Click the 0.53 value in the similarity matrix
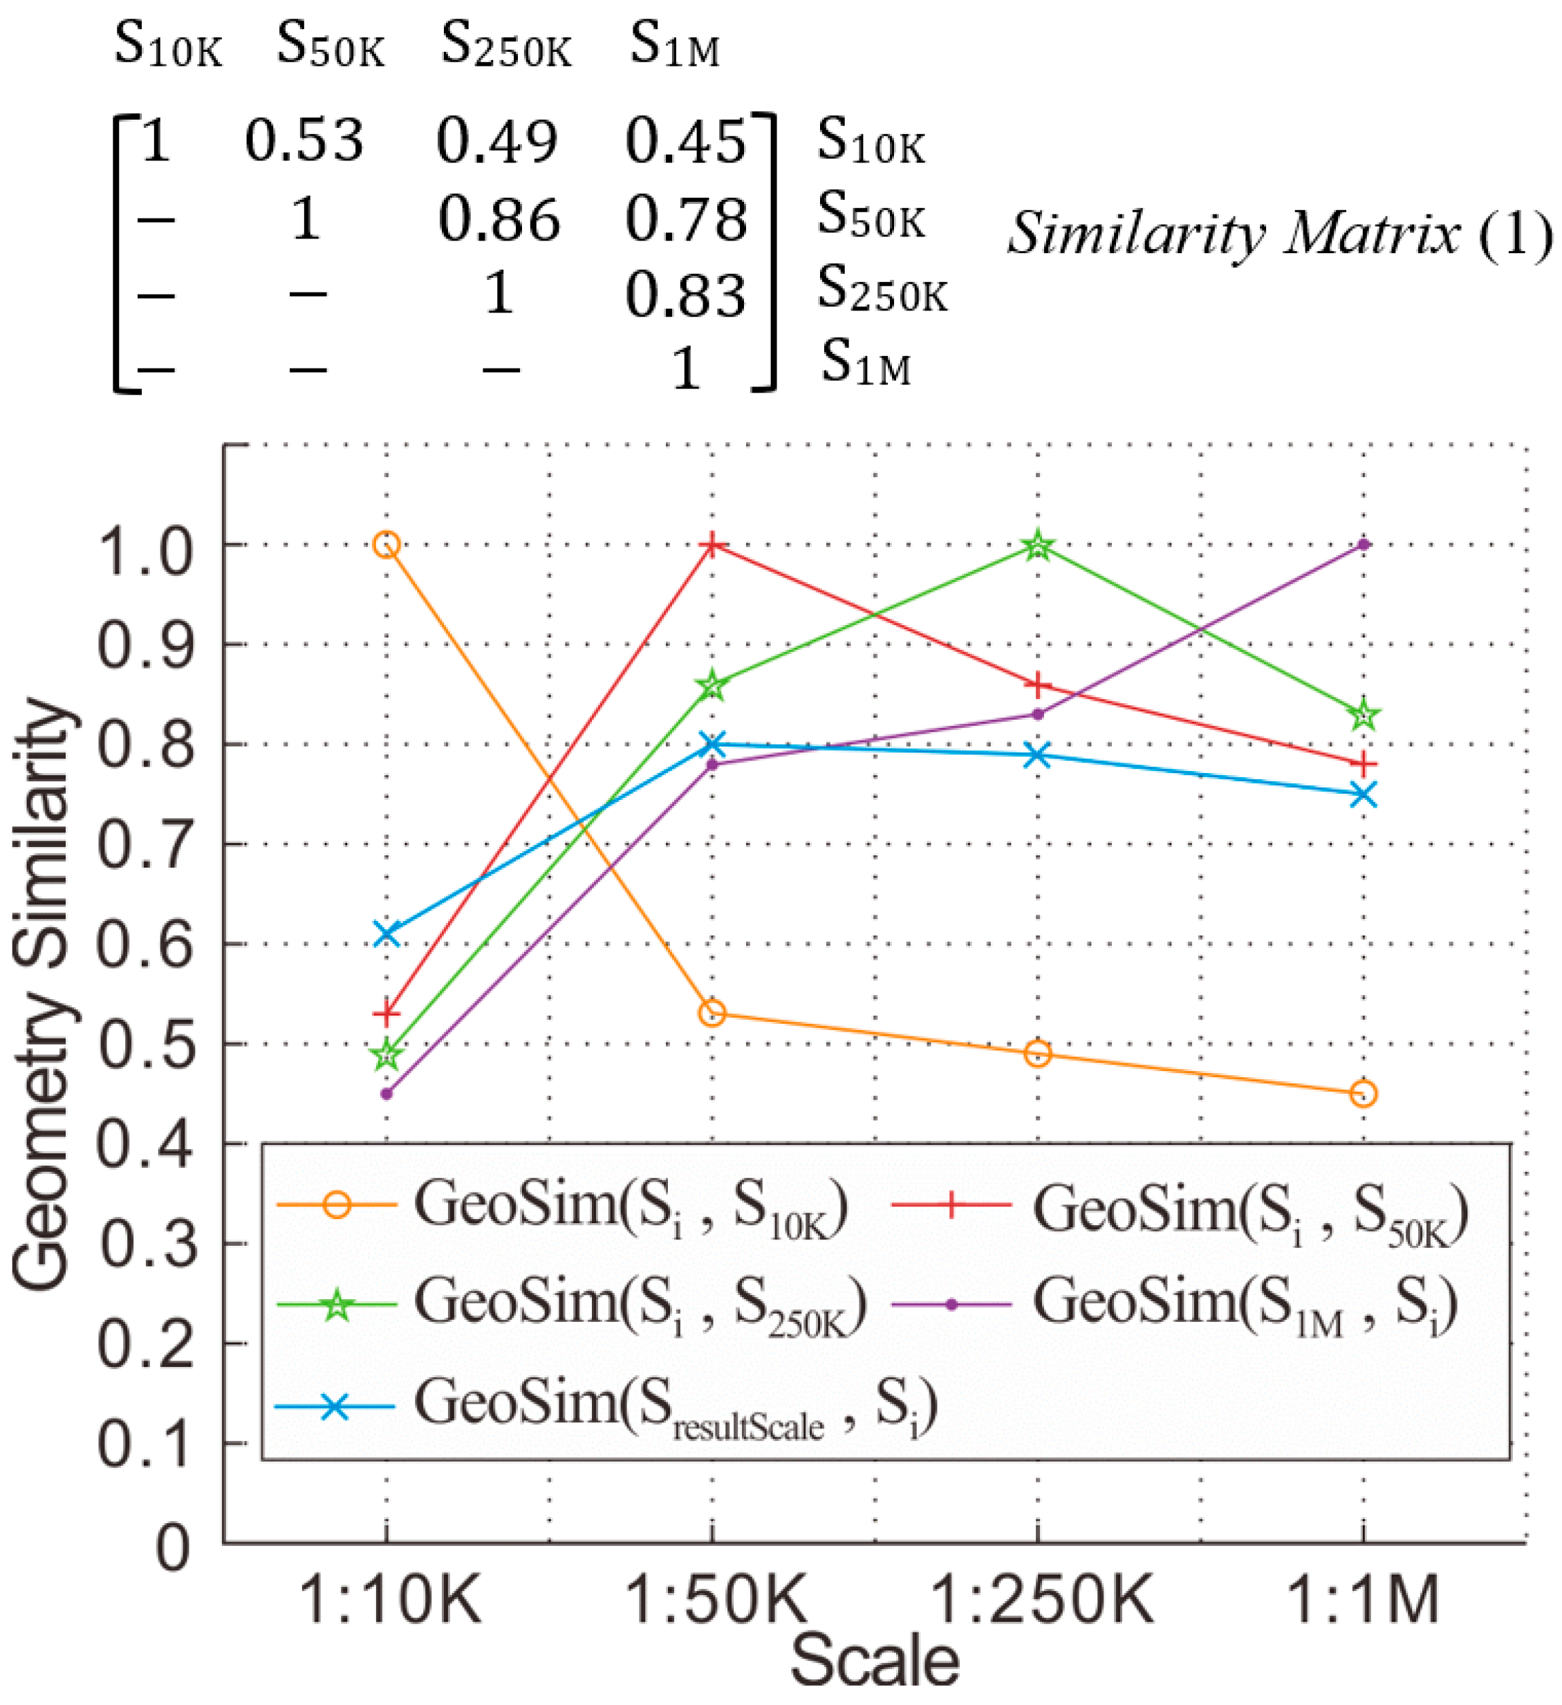tap(304, 140)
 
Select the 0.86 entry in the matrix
tap(499, 221)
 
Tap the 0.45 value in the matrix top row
tap(686, 140)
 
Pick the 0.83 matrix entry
tap(686, 297)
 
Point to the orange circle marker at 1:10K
tap(387, 545)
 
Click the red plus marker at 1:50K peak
tap(712, 545)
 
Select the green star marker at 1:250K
tap(1039, 546)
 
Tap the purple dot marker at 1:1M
tap(1364, 545)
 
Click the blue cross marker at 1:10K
tap(387, 933)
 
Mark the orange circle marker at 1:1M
tap(1364, 1094)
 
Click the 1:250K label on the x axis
tap(1042, 1601)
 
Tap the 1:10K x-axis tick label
tap(391, 1601)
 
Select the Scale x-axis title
tap(875, 1662)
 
